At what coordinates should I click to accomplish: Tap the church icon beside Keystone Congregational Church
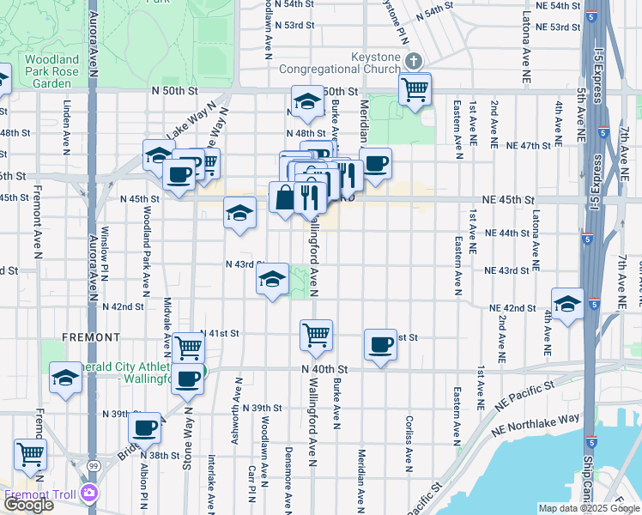coord(414,61)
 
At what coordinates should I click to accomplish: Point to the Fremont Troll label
coord(40,494)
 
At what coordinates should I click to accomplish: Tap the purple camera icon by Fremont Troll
coord(89,493)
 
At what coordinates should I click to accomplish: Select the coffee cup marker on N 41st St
coord(379,345)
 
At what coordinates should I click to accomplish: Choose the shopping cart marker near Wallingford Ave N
coord(316,335)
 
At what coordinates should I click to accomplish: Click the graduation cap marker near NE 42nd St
coord(566,303)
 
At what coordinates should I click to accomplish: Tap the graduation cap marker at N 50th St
coord(306,101)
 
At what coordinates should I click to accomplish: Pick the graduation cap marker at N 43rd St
coord(272,279)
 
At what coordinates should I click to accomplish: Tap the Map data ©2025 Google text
coord(588,508)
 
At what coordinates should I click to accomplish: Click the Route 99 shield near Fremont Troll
coord(91,464)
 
